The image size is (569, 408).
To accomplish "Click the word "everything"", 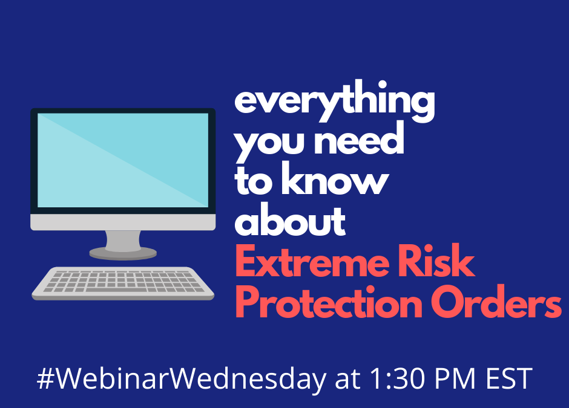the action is click(x=335, y=101).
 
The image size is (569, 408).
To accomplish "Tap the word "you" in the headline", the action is click(x=269, y=143).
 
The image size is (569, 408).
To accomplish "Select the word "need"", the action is click(x=359, y=138).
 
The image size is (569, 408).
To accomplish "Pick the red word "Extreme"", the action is click(x=312, y=261).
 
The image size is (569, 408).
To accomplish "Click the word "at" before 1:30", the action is click(x=347, y=380).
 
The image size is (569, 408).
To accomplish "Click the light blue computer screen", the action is click(x=123, y=160).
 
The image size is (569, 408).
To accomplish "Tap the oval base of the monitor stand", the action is click(x=123, y=253).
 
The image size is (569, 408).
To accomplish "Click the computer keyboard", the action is click(x=123, y=283).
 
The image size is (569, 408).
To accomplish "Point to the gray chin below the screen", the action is click(x=123, y=222).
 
